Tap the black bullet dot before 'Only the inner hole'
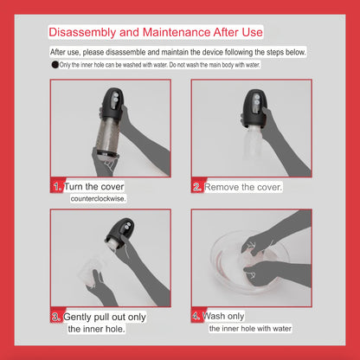[x=55, y=65]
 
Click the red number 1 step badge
[x=57, y=187]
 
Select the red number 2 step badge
[x=197, y=187]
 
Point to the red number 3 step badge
[x=56, y=317]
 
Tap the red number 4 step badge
[x=196, y=316]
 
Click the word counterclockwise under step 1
[x=98, y=199]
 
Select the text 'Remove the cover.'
[x=243, y=187]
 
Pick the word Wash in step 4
[x=214, y=316]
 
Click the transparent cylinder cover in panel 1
[x=108, y=133]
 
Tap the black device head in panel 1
[x=112, y=102]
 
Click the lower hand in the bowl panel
[x=268, y=274]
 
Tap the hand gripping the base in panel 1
[x=105, y=162]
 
